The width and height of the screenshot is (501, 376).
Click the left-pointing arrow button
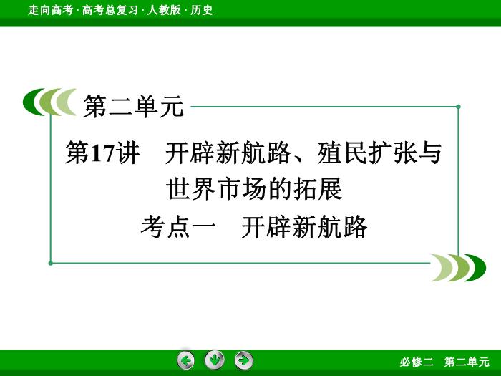click(185, 361)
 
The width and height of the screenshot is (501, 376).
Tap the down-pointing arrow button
click(215, 360)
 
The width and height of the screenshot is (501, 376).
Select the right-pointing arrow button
click(244, 361)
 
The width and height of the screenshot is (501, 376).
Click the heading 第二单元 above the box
click(134, 107)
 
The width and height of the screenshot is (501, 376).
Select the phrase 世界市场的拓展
click(254, 189)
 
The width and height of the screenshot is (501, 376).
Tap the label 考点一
click(178, 227)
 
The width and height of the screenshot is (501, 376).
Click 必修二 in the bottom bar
click(417, 362)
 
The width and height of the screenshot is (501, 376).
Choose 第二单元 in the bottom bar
click(467, 362)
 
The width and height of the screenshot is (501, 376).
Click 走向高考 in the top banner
click(51, 10)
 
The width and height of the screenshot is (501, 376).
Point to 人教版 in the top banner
click(164, 10)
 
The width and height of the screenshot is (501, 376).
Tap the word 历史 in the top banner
click(201, 10)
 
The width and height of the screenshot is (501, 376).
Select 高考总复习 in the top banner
click(110, 10)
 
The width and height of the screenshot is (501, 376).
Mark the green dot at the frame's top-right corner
click(458, 107)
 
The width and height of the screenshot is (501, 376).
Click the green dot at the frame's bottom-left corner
click(51, 263)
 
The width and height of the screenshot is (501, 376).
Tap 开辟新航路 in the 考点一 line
click(304, 227)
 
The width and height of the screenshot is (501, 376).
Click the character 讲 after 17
click(127, 153)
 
